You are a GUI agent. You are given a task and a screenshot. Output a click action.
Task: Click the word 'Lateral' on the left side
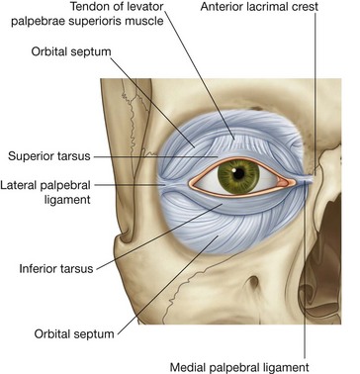tap(25, 184)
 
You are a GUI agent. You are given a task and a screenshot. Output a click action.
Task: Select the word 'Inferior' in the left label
tap(41, 267)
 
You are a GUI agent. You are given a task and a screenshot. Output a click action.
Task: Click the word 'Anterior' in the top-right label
tap(227, 9)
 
